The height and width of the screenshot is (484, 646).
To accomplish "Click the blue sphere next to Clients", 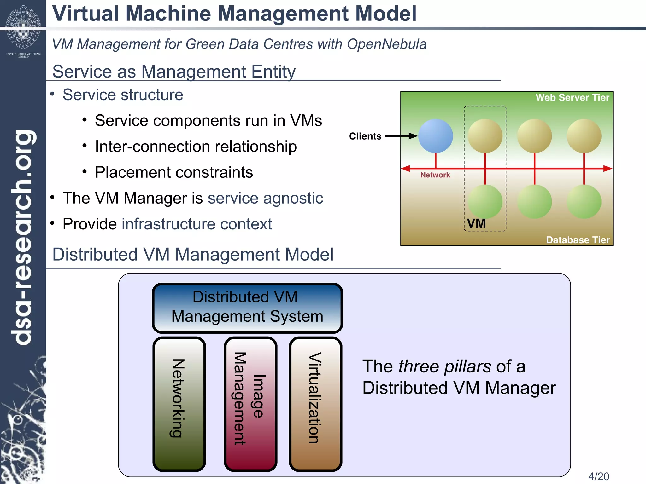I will tap(435, 136).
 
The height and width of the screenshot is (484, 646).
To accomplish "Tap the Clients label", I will tap(365, 136).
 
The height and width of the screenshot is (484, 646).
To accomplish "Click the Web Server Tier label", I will tap(572, 97).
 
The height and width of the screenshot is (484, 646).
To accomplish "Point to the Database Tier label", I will tap(578, 240).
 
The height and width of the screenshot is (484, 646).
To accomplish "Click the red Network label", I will tap(435, 175).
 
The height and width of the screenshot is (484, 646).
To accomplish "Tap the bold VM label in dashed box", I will tap(476, 223).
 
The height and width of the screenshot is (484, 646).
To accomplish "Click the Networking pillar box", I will tap(179, 404).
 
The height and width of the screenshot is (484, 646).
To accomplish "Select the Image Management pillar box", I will tap(250, 404).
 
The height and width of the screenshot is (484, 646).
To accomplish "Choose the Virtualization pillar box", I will tap(315, 404).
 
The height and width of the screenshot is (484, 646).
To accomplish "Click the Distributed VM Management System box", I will tap(247, 308).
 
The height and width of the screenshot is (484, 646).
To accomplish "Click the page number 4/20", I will tap(598, 476).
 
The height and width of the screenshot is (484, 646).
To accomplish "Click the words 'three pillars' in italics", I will tap(444, 366).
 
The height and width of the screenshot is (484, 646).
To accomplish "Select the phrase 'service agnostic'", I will tap(265, 198).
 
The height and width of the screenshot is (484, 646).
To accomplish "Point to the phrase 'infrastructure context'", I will tap(197, 224).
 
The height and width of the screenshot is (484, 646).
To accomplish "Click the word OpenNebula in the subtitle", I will tap(387, 44).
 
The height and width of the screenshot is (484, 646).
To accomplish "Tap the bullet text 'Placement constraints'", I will tap(174, 172).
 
